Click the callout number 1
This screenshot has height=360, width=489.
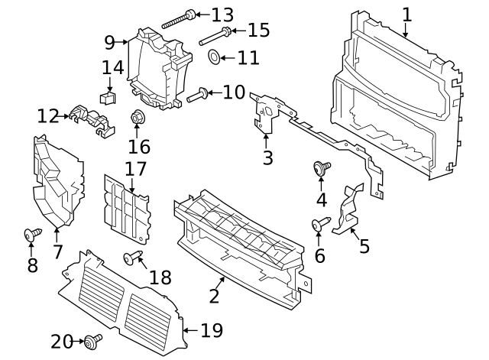pos(406,14)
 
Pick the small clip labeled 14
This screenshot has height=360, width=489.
pos(108,97)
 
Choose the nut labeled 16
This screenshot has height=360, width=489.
pos(138,118)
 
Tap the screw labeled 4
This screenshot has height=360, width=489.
pos(320,168)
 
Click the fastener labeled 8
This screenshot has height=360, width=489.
pos(31,234)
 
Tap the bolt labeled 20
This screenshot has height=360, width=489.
pos(92,340)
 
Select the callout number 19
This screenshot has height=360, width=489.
pos(211,331)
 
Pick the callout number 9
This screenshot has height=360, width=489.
pos(110,41)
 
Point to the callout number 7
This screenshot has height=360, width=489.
pos(57,251)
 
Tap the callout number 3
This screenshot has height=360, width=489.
pos(267,158)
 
